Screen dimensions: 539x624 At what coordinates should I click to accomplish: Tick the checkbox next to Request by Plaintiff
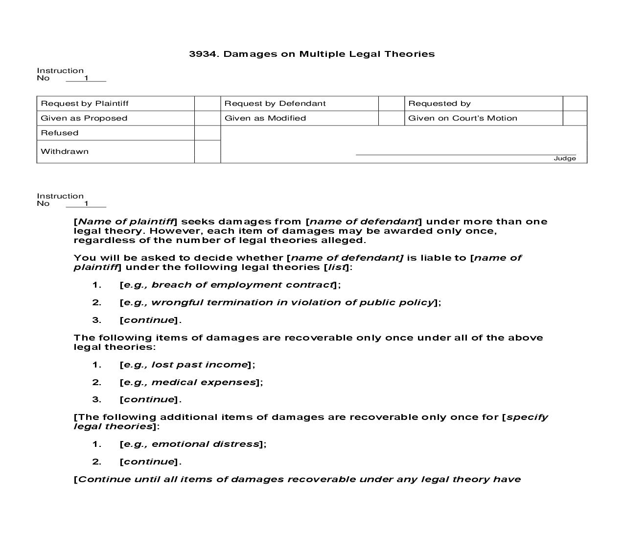click(x=208, y=103)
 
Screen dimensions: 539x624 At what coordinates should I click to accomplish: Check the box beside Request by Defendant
click(x=391, y=103)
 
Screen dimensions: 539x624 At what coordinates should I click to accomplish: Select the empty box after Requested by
click(x=575, y=103)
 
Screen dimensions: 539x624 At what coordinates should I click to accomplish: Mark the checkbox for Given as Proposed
click(x=208, y=118)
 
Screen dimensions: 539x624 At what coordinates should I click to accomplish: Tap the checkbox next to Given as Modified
click(x=391, y=118)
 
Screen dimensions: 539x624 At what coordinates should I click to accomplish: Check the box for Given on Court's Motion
click(x=575, y=118)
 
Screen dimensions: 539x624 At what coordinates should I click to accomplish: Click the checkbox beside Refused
click(x=208, y=133)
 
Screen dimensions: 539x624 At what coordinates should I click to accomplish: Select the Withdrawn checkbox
click(x=208, y=151)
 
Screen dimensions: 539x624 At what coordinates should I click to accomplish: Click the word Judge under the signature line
click(x=564, y=158)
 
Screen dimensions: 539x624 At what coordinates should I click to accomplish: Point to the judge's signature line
click(x=465, y=154)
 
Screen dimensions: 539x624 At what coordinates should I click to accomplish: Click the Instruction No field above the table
click(x=86, y=78)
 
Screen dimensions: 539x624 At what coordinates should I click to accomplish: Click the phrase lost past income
click(x=199, y=365)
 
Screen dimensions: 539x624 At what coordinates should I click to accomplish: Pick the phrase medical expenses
click(x=204, y=382)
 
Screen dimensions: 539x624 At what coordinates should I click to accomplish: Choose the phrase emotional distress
click(x=205, y=444)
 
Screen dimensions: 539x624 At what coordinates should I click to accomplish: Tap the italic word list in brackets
click(x=337, y=267)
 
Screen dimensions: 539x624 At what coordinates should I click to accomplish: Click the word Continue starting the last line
click(x=104, y=479)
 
